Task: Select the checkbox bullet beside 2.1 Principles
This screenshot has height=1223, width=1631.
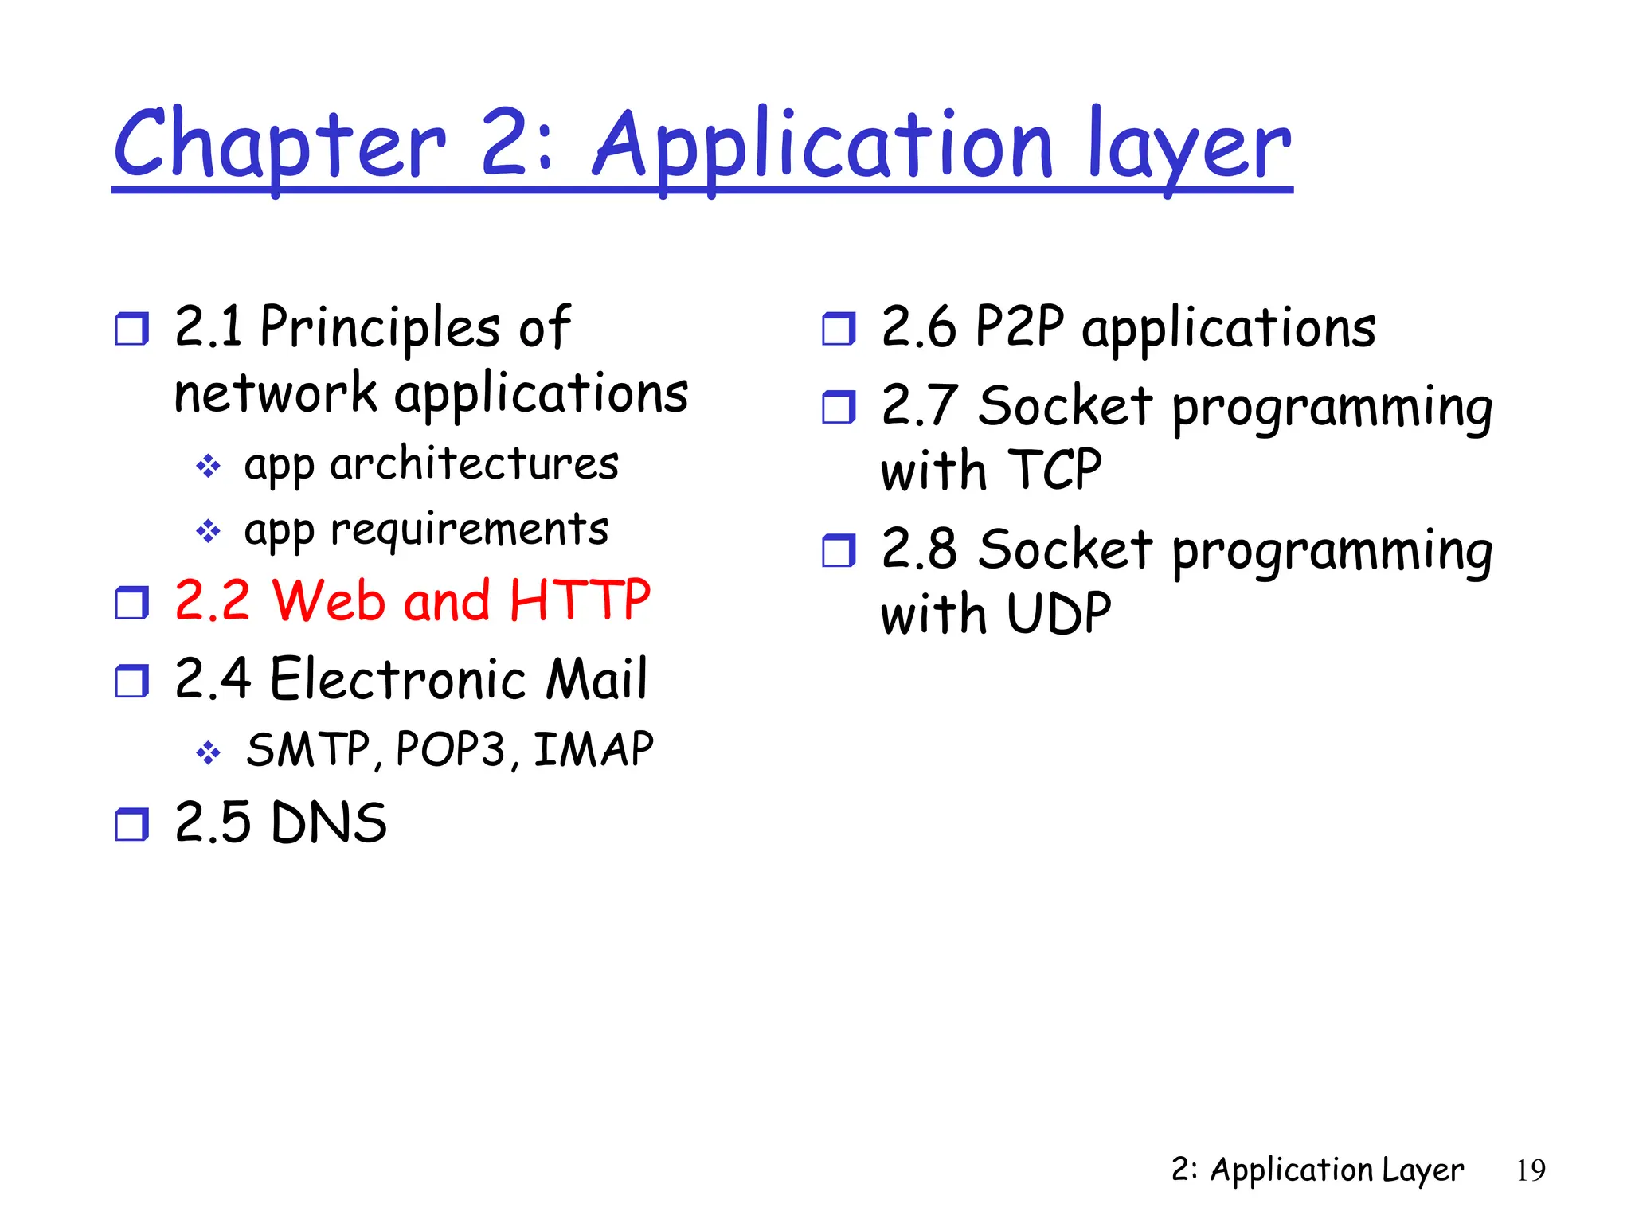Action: [x=131, y=328]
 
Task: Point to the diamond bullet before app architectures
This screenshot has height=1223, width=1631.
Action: [x=208, y=466]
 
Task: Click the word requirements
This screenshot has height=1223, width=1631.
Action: [x=469, y=530]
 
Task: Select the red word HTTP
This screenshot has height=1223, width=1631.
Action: [x=580, y=601]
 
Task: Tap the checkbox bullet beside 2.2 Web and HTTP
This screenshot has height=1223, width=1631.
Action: [x=131, y=603]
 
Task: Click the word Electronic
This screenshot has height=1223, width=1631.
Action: [x=397, y=680]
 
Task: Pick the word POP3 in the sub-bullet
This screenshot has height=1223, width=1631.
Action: [x=451, y=750]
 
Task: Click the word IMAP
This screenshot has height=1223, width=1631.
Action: [x=593, y=750]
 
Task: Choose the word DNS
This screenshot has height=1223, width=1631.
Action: [x=328, y=823]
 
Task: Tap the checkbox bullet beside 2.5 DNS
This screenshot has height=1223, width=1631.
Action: [x=131, y=824]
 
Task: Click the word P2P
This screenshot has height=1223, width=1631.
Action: [x=1019, y=326]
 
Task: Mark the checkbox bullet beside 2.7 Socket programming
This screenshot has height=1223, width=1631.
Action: [x=838, y=407]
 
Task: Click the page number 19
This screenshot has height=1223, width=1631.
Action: [x=1530, y=1170]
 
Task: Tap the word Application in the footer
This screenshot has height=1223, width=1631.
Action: [x=1292, y=1170]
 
